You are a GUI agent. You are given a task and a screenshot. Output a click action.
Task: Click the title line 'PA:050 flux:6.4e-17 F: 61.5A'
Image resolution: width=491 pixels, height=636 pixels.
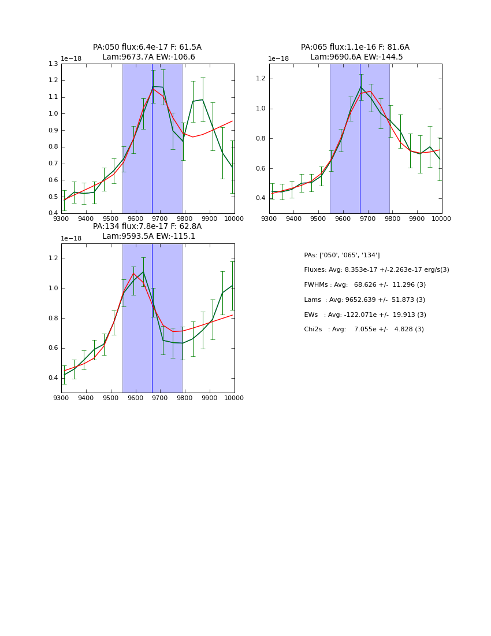click(147, 47)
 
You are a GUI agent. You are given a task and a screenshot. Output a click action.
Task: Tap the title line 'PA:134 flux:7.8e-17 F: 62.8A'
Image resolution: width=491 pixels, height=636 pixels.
click(147, 227)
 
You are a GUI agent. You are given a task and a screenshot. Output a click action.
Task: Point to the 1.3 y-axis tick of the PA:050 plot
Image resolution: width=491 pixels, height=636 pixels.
click(53, 64)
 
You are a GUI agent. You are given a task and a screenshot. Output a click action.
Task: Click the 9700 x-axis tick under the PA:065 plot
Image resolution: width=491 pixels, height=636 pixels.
click(368, 219)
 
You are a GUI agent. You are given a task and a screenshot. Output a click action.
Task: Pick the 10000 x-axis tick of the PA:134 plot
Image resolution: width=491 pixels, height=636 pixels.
click(234, 398)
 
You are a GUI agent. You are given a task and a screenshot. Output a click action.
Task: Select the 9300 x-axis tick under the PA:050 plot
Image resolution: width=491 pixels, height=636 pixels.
click(61, 219)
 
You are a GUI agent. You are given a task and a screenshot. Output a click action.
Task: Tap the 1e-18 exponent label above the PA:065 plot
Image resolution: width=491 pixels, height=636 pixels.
click(278, 59)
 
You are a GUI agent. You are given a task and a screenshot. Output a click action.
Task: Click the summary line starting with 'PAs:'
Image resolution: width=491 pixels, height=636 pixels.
click(341, 255)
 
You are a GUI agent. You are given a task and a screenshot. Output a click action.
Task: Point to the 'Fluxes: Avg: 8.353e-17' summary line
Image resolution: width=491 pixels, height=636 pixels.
click(376, 270)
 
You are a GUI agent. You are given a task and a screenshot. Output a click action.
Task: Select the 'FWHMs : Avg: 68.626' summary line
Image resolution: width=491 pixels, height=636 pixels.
click(364, 285)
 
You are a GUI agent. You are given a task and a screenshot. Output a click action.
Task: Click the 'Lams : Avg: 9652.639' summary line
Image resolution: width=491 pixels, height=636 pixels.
click(364, 300)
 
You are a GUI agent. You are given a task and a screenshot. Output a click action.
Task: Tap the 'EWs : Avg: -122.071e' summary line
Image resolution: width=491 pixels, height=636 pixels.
click(364, 315)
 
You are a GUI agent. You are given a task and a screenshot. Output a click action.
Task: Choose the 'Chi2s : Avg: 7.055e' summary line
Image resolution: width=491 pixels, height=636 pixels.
click(363, 330)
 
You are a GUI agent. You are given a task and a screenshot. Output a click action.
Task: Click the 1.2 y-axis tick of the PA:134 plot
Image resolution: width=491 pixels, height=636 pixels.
click(53, 258)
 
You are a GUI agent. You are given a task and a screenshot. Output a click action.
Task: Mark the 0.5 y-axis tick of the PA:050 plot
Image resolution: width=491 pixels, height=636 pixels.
click(53, 197)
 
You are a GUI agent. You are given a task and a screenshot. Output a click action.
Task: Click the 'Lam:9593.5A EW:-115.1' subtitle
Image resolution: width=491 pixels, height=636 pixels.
click(148, 236)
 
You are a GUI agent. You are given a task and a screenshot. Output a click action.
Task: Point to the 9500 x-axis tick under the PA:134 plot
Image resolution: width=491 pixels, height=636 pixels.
click(111, 398)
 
